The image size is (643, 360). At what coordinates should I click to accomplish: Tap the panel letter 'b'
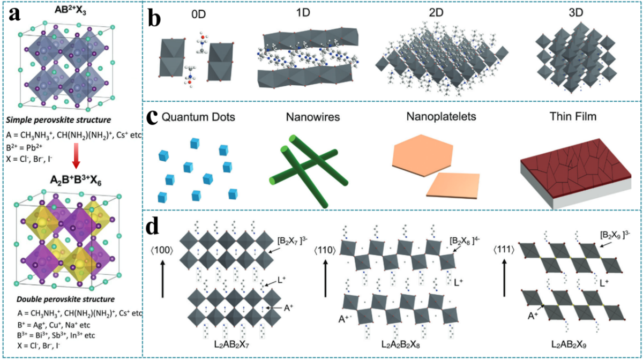click(x=154, y=18)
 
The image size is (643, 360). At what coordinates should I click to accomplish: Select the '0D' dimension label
click(x=198, y=14)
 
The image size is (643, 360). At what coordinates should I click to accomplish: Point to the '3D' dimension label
click(x=575, y=13)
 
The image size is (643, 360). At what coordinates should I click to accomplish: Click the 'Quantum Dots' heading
click(x=198, y=117)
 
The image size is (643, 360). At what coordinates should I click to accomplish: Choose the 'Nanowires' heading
click(x=313, y=117)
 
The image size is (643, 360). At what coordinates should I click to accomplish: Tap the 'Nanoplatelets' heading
click(x=441, y=116)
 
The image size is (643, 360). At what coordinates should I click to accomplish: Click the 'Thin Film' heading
click(x=573, y=116)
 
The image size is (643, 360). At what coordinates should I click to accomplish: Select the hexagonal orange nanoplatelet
click(x=423, y=155)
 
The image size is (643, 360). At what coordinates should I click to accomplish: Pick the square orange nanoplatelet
click(x=453, y=186)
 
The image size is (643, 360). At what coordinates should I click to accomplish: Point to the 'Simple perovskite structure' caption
click(x=58, y=119)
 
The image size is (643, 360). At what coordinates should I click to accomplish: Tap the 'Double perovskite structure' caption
click(x=65, y=299)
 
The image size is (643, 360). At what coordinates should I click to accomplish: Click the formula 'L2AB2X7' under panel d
click(x=231, y=344)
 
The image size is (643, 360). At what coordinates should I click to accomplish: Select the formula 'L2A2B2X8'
click(x=400, y=344)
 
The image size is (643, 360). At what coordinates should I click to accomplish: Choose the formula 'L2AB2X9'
click(x=569, y=344)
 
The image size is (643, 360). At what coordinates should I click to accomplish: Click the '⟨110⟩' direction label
click(x=325, y=250)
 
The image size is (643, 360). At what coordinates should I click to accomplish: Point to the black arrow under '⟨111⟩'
click(x=504, y=278)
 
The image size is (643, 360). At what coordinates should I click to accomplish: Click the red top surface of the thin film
click(x=575, y=168)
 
